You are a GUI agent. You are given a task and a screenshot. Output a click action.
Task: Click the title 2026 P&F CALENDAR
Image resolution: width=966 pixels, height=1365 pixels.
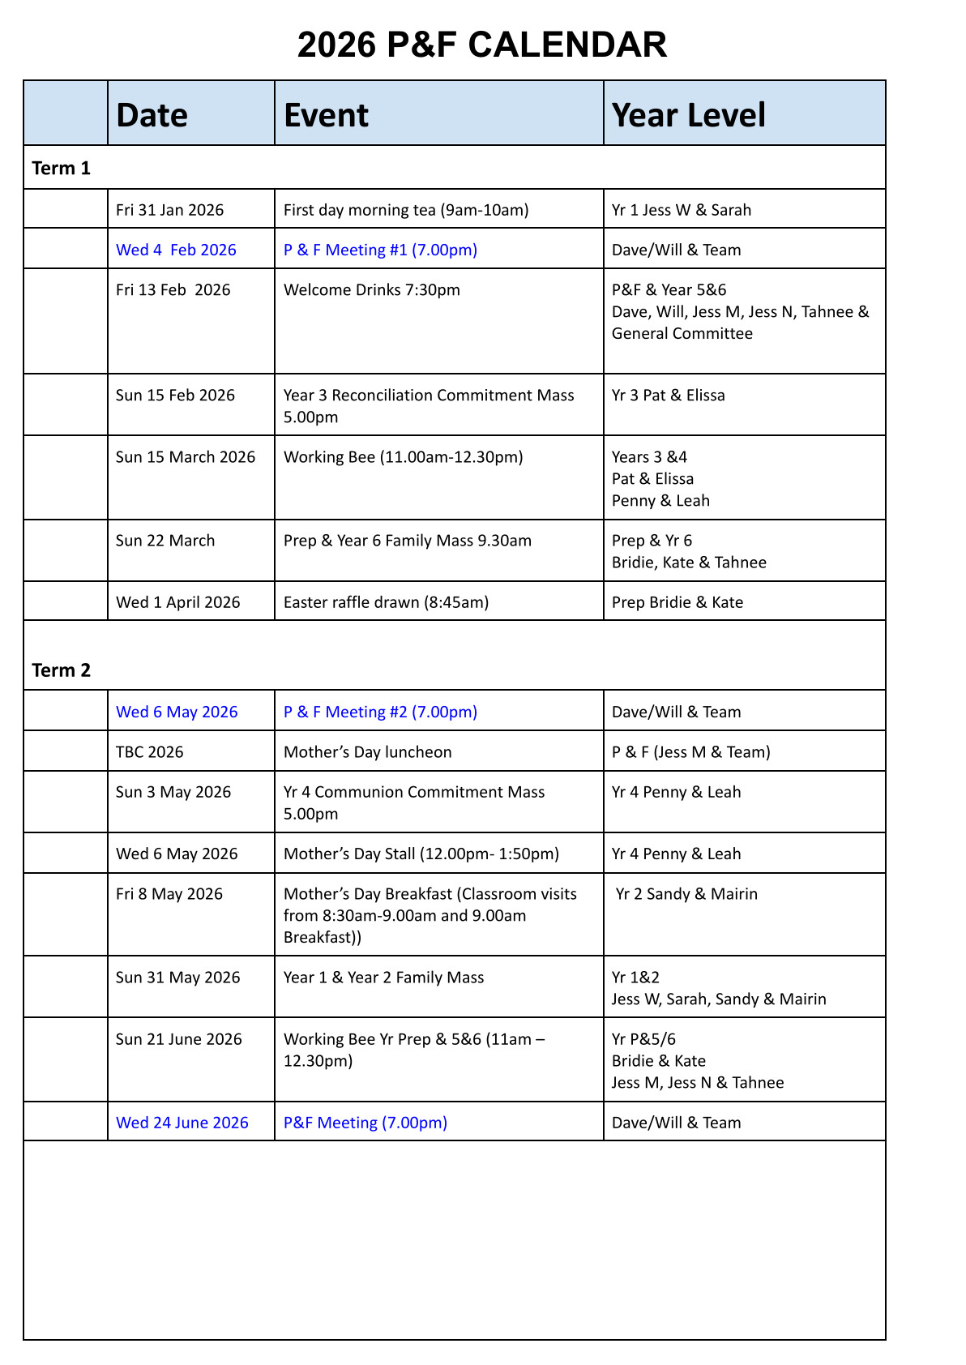[x=482, y=45]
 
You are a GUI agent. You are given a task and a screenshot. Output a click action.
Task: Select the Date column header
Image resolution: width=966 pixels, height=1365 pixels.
[x=152, y=115]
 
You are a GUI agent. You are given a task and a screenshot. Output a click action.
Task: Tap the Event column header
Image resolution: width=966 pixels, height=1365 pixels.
[x=326, y=115]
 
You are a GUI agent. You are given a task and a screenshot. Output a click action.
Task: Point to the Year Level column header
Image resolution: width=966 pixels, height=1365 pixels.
[x=688, y=115]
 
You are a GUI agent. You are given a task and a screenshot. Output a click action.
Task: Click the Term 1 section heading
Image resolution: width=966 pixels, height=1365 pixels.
[x=62, y=169]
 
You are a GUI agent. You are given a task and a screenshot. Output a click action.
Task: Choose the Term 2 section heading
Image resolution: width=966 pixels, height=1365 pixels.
[x=62, y=670]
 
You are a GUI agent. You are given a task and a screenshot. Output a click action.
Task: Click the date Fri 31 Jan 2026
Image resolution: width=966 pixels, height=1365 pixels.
[x=169, y=210]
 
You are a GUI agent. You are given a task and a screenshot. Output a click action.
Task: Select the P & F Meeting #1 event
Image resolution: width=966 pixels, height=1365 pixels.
[x=380, y=250]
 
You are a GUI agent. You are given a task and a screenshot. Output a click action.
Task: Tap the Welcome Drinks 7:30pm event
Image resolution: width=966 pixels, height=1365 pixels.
[x=371, y=290]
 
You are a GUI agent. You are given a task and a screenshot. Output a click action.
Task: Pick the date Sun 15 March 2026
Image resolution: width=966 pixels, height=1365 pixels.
[x=186, y=457]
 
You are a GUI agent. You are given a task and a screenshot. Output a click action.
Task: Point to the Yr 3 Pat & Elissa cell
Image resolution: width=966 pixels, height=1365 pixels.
[x=668, y=396]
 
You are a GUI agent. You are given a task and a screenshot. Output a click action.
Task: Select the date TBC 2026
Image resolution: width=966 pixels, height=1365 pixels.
[x=150, y=752]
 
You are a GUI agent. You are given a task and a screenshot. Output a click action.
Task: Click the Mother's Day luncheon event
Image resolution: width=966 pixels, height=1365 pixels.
[x=367, y=752]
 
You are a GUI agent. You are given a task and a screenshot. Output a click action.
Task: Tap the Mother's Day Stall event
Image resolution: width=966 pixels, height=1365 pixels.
[x=421, y=854]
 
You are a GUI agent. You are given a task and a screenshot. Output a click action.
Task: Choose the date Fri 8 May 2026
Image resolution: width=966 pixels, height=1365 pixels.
[x=169, y=894]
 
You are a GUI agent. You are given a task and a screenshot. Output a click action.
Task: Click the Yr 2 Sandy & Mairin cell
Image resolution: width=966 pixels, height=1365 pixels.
[x=686, y=894]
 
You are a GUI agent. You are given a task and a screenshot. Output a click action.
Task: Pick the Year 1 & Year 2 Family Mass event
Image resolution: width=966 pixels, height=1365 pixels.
[x=383, y=978]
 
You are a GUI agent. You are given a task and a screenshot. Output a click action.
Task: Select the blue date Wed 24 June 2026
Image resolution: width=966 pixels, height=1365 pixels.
[x=182, y=1123]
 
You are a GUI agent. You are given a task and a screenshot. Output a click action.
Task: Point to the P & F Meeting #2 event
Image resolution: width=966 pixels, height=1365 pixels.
[x=380, y=712]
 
